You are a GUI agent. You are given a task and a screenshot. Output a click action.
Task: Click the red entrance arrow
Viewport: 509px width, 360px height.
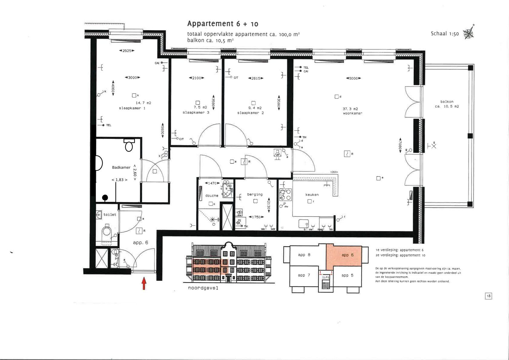[x=144, y=284]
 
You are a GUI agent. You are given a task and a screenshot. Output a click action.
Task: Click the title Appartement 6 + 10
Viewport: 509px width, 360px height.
[x=222, y=24]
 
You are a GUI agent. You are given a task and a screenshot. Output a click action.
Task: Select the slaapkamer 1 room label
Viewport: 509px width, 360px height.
[x=132, y=108]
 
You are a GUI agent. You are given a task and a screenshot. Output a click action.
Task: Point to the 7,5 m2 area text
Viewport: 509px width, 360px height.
[x=200, y=107]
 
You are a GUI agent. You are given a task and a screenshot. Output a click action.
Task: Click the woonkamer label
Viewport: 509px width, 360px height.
[x=353, y=113]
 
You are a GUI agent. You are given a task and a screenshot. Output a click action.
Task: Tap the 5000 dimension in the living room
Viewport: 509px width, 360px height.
[x=353, y=78]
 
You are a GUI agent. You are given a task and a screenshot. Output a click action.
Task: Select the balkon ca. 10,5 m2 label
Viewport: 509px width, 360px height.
[x=447, y=104]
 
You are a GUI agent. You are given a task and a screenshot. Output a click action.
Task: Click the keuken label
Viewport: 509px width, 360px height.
[x=312, y=195]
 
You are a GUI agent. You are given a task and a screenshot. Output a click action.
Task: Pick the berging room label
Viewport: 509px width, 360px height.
[x=255, y=195]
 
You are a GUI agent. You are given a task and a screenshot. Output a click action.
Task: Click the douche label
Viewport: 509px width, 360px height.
[x=212, y=196]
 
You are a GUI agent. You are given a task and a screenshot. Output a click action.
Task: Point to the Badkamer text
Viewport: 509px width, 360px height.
[x=121, y=167]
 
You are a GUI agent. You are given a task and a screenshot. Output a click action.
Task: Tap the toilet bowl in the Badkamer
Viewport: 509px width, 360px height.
[x=129, y=146]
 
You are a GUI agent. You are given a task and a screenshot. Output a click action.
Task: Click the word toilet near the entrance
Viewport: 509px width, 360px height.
[x=110, y=214]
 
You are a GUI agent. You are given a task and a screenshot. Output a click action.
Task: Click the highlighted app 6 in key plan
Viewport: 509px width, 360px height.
[x=347, y=255]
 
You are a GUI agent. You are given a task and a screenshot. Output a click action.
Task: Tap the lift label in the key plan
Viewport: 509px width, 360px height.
[x=326, y=277]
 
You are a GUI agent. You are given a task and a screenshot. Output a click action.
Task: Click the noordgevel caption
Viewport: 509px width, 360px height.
[x=203, y=288]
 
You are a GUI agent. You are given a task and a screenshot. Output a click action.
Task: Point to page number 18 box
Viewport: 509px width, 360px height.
[x=488, y=296]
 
